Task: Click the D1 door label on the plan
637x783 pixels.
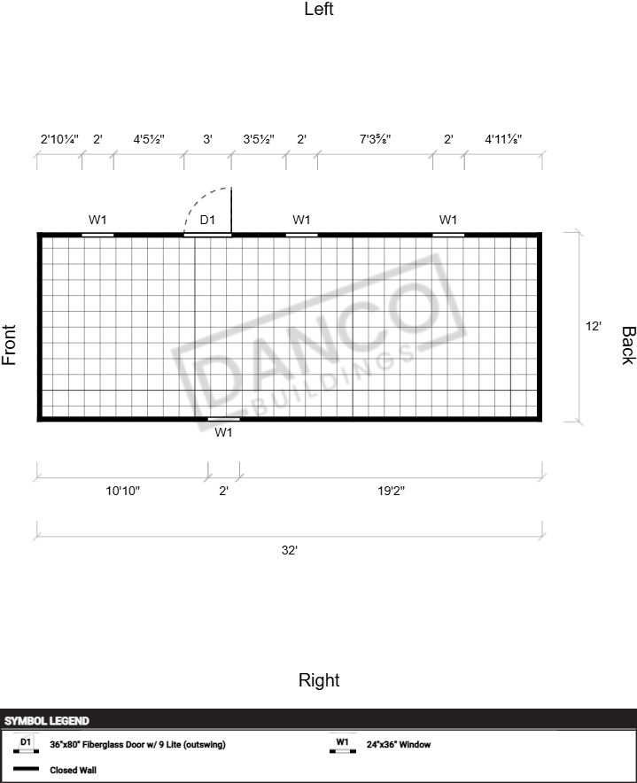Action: (x=207, y=220)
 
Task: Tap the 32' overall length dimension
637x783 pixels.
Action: (x=290, y=550)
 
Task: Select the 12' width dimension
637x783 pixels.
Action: (x=593, y=326)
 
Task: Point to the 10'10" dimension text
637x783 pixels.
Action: (x=123, y=491)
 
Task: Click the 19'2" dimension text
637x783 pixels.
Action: (x=392, y=491)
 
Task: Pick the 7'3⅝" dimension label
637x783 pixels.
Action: (x=376, y=139)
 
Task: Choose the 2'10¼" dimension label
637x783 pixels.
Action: (x=59, y=139)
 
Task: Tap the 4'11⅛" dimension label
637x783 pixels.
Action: (x=503, y=139)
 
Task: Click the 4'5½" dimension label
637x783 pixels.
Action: (x=149, y=139)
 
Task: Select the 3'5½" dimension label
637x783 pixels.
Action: (x=259, y=139)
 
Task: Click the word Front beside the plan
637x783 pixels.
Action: (x=9, y=345)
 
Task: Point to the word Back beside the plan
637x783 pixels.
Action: (x=628, y=345)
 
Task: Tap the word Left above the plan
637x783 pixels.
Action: (x=319, y=9)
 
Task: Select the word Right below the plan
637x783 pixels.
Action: (x=319, y=680)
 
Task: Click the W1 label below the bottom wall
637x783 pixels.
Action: (x=223, y=432)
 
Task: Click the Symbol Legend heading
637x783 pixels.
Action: (x=47, y=721)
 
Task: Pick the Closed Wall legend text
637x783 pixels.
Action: (x=73, y=770)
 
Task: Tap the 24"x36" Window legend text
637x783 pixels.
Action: (x=399, y=745)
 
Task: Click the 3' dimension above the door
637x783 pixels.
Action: (x=208, y=139)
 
